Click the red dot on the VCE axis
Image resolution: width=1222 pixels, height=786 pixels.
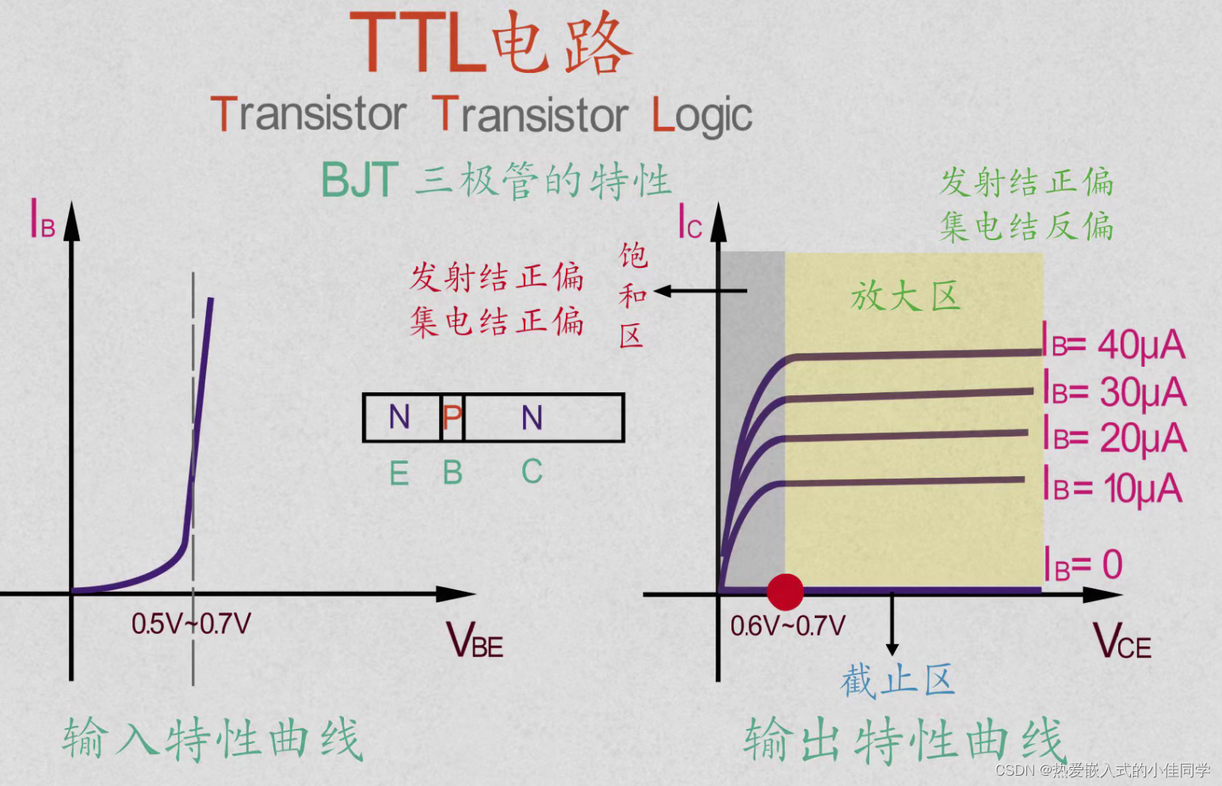785,592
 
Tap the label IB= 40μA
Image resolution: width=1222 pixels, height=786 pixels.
1113,344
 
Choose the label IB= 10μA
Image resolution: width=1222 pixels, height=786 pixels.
1113,486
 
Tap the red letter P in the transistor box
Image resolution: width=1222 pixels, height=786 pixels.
452,417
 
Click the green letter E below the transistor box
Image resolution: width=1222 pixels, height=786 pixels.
399,474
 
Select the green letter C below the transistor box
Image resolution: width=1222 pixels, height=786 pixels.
532,472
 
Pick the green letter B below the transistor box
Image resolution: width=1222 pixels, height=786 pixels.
453,473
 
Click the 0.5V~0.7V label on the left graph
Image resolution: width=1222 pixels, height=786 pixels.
191,624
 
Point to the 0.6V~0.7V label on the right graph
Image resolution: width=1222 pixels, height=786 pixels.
788,626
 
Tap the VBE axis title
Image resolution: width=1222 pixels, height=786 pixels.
474,640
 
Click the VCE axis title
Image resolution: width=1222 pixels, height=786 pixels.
1122,641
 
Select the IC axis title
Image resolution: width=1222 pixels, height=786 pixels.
689,223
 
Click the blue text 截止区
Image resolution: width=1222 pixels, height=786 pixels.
897,681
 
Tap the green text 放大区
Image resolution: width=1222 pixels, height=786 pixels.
905,296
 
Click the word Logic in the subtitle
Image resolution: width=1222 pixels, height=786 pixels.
701,116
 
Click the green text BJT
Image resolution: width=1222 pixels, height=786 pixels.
359,180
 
